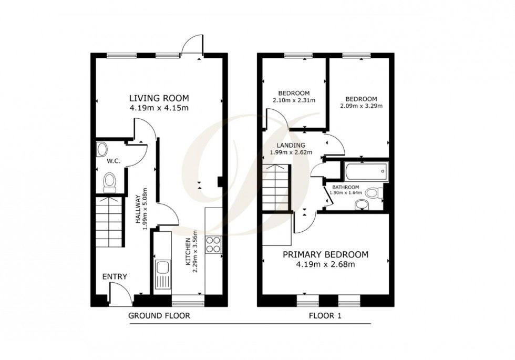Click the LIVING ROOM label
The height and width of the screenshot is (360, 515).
[159, 98]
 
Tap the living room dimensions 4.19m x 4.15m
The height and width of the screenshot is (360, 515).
[159, 108]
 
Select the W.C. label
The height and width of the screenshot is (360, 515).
[114, 162]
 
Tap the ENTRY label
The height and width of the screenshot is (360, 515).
[115, 277]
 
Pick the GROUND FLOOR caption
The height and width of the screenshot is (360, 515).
[159, 316]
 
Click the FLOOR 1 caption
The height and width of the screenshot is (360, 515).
[325, 316]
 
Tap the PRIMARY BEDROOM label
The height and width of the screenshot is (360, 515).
[325, 255]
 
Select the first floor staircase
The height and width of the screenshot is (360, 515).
[276, 187]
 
